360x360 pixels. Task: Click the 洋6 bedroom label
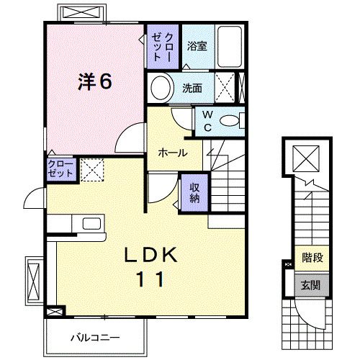(95, 81)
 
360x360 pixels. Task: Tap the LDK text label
(150, 255)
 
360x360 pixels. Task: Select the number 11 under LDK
(150, 279)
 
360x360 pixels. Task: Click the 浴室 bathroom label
(197, 46)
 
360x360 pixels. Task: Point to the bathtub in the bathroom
(230, 47)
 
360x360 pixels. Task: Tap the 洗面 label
(192, 88)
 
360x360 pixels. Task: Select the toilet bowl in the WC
(230, 121)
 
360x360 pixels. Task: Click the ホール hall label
(173, 153)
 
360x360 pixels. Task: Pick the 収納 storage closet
(194, 193)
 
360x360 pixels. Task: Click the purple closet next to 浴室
(163, 47)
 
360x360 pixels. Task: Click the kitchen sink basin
(91, 223)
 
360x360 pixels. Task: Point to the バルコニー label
(95, 338)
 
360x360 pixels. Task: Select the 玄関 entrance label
(311, 285)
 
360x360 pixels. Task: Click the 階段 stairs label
(312, 258)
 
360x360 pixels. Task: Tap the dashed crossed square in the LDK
(92, 169)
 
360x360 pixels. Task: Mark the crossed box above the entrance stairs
(306, 158)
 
